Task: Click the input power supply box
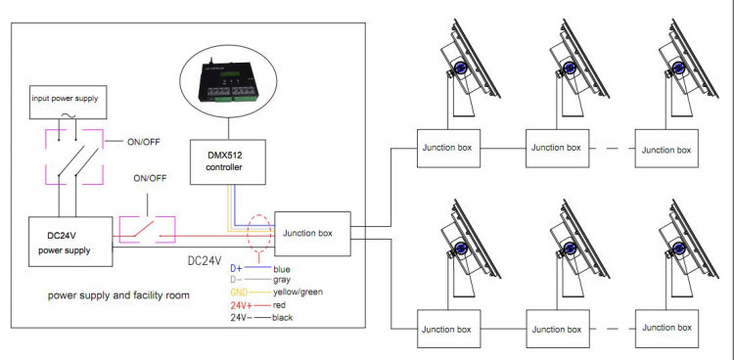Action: click(68, 102)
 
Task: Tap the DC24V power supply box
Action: click(70, 242)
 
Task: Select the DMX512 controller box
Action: click(228, 161)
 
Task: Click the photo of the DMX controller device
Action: click(229, 81)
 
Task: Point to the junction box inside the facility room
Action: click(312, 234)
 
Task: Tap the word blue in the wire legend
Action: click(281, 269)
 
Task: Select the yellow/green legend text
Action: click(298, 292)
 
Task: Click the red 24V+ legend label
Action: click(242, 305)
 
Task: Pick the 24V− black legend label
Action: click(241, 317)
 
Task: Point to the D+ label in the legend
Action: click(236, 269)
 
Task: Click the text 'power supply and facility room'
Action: click(118, 295)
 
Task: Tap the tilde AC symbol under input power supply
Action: click(67, 116)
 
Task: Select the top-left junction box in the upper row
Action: click(448, 149)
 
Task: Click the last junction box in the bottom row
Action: click(666, 328)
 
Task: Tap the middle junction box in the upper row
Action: click(557, 149)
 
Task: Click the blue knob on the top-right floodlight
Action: click(678, 67)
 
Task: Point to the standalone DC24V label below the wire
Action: click(205, 261)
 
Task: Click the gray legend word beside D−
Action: click(281, 280)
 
